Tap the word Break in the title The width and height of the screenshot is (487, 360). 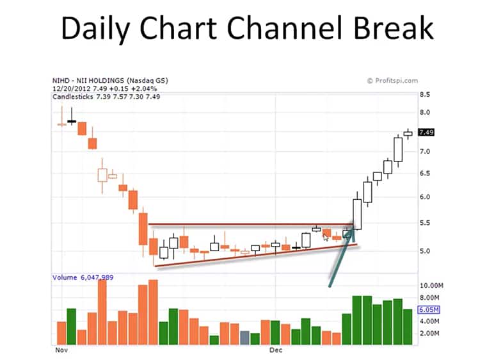click(x=393, y=28)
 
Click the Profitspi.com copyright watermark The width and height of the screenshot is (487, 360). click(x=392, y=81)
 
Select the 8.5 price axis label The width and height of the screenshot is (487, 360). click(x=425, y=95)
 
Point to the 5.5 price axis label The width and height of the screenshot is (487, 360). click(x=425, y=223)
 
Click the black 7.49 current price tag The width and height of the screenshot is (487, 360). click(x=426, y=133)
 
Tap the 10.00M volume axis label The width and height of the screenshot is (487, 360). click(x=431, y=286)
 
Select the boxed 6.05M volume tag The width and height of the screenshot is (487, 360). click(x=429, y=309)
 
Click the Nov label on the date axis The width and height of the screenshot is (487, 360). click(x=61, y=350)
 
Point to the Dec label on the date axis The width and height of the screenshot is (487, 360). click(x=276, y=350)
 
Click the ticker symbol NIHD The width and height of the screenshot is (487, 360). click(x=61, y=81)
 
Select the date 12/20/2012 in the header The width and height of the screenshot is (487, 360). click(x=72, y=88)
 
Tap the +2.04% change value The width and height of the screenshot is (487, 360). click(x=144, y=88)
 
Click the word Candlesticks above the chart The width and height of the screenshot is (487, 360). click(x=73, y=97)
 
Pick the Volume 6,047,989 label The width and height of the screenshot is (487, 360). click(x=83, y=277)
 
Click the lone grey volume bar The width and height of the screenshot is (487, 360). click(x=244, y=338)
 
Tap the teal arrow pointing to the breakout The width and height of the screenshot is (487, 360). click(x=341, y=257)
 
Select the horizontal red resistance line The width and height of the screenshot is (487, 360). click(x=251, y=224)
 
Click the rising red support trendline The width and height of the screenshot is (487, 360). click(x=256, y=256)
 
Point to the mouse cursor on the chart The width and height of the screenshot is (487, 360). click(x=325, y=238)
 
